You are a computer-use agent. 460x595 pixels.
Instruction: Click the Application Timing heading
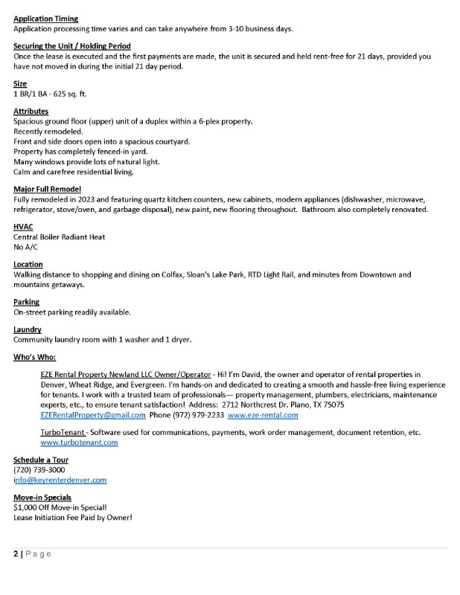point(45,19)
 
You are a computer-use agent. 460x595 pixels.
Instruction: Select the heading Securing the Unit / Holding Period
point(72,46)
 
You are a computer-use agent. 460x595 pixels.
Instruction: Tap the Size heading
point(20,84)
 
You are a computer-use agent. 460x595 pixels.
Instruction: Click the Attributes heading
point(31,112)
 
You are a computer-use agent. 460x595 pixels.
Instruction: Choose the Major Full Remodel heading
point(47,190)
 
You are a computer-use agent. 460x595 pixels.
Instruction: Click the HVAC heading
point(23,227)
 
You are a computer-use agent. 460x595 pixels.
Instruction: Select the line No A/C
point(26,246)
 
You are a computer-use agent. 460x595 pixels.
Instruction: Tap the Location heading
point(28,264)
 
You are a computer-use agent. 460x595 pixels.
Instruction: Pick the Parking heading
point(27,302)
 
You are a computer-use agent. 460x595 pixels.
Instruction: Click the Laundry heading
point(28,329)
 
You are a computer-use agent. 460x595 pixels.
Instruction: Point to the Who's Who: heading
point(34,357)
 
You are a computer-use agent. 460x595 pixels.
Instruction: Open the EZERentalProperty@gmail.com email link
point(93,415)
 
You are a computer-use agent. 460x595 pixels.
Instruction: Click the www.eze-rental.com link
point(263,415)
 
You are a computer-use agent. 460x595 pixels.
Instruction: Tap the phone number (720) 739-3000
point(39,470)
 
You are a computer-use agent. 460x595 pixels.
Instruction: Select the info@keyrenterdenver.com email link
point(60,480)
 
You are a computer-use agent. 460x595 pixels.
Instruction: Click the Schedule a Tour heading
point(41,460)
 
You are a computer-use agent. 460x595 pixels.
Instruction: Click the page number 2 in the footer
point(16,554)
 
